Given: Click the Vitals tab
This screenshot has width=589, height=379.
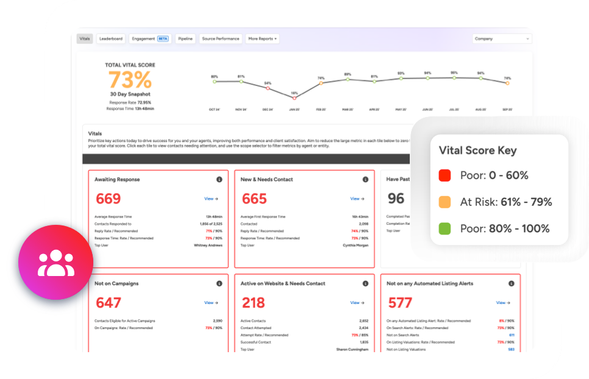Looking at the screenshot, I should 85,38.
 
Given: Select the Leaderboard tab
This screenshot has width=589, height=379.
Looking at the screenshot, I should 111,38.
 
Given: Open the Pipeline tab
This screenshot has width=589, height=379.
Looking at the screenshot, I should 185,38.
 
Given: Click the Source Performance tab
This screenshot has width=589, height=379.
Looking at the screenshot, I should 221,38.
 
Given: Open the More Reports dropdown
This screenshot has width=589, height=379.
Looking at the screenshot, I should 262,38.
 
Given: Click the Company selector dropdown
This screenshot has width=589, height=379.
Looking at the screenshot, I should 502,38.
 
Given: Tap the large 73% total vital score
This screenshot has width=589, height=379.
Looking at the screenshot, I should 130,80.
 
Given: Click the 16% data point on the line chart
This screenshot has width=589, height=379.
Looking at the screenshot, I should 294,97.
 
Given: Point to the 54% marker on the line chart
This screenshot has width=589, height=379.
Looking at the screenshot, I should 268,88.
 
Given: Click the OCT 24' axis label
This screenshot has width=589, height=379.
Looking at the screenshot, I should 215,110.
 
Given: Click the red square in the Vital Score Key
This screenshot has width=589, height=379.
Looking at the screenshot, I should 444,175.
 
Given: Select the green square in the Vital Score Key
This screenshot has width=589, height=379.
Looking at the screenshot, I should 444,228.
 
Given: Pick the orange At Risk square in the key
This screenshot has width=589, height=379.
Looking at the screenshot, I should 444,202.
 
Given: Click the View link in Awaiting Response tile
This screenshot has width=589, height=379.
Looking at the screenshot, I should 211,199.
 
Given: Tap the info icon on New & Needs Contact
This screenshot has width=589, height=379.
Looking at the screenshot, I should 365,180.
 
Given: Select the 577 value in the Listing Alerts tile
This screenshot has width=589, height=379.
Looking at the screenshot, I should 400,302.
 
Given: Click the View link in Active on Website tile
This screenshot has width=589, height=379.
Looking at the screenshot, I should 357,303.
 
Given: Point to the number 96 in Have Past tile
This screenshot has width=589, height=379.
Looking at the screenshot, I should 396,198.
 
